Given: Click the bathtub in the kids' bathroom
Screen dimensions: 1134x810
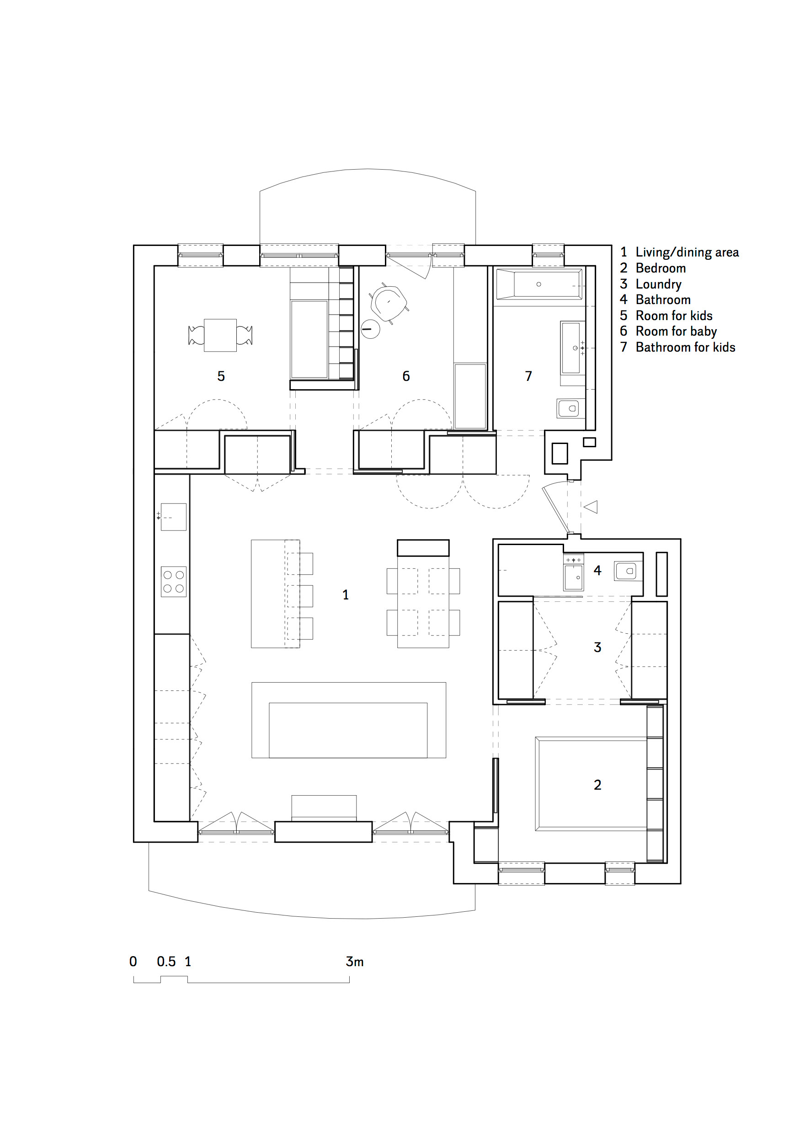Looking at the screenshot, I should [538, 284].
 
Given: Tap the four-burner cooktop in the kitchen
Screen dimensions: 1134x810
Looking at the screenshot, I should [174, 582].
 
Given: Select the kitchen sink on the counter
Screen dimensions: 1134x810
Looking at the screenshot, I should [174, 517].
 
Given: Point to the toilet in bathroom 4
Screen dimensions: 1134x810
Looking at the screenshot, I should [627, 571].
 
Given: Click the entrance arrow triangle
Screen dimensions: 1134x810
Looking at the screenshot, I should [592, 507].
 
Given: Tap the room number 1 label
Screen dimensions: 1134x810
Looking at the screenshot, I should [345, 595].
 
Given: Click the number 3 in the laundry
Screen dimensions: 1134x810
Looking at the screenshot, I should [597, 647].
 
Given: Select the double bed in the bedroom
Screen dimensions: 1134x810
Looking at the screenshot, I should [591, 784].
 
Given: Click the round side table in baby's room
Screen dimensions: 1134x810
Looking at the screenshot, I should [370, 329].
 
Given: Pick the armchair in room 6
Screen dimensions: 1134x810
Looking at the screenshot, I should [389, 303].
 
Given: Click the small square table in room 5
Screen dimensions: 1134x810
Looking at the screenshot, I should [220, 335].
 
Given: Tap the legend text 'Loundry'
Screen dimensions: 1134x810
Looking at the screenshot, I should [658, 284].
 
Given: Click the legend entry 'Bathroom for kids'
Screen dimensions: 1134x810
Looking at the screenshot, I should [685, 347].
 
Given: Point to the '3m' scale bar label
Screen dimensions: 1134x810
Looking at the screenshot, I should [355, 961].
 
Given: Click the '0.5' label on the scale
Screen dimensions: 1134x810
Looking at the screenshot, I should [166, 961].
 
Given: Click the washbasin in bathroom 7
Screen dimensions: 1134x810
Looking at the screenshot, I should [571, 348].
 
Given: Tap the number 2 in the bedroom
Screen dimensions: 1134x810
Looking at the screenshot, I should [597, 785].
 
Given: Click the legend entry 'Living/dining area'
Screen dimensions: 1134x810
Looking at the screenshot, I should [687, 252].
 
